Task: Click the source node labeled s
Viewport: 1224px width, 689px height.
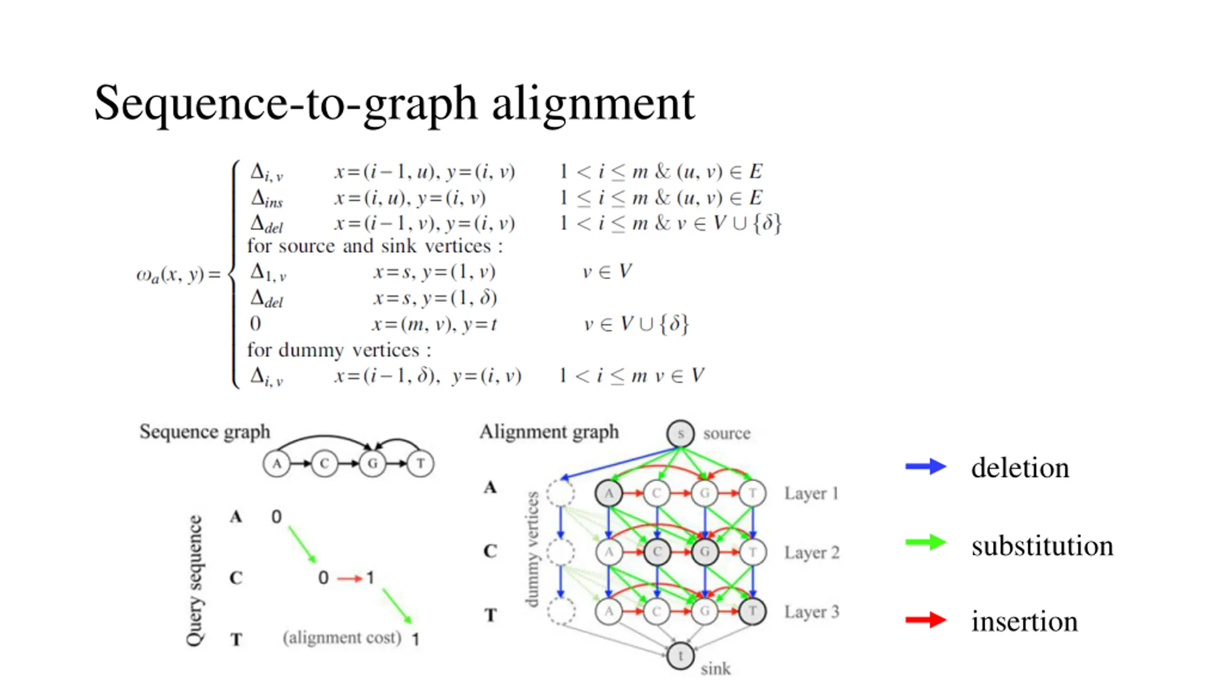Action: pos(680,433)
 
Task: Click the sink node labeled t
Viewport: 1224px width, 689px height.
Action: pos(680,656)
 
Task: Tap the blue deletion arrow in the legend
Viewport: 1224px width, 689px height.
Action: pos(925,467)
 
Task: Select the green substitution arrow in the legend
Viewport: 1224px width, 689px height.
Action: pos(925,543)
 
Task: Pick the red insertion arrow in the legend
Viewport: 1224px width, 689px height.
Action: pos(925,620)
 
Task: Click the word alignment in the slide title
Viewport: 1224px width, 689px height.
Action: pos(593,104)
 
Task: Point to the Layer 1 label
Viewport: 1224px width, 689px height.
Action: pos(811,493)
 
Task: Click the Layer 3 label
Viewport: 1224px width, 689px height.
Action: pos(811,611)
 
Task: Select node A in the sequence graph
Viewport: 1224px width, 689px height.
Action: pos(276,463)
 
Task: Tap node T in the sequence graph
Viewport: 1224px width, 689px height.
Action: pos(420,463)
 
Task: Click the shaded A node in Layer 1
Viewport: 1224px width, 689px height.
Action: pos(609,493)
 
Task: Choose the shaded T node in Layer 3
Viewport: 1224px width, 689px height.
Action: pos(753,611)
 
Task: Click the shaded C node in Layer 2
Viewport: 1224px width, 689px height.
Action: pos(657,552)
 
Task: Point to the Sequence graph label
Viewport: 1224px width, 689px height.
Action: pos(205,432)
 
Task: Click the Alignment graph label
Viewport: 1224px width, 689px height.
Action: pos(549,432)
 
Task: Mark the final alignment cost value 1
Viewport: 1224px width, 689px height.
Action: pos(415,639)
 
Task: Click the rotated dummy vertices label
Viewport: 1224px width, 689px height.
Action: pos(532,549)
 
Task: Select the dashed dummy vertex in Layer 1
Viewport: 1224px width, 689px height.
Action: pos(560,493)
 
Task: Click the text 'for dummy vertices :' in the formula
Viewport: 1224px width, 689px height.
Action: pos(339,350)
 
